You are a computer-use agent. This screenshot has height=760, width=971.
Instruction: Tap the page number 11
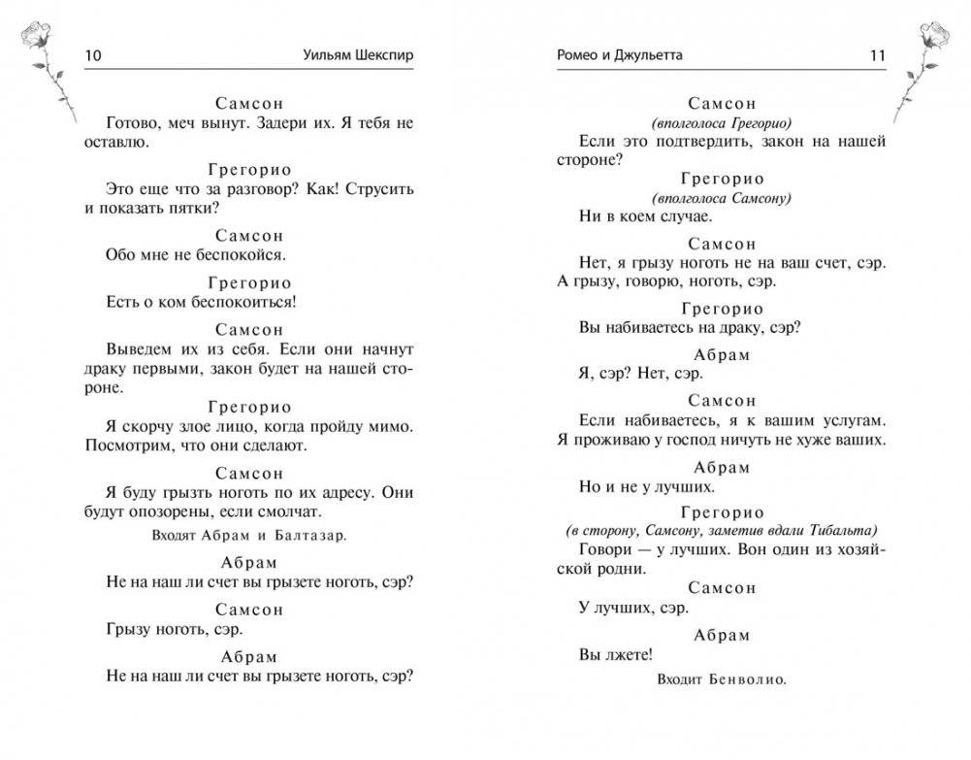pos(877,55)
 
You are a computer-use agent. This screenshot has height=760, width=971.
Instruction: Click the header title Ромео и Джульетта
pos(622,55)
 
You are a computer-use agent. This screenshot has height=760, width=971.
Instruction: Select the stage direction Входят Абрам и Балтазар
pos(249,534)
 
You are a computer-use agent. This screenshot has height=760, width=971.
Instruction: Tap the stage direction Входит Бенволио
pos(720,679)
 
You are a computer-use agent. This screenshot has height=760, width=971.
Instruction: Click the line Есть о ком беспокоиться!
pos(201,302)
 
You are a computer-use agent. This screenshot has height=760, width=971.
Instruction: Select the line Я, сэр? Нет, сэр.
pos(641,374)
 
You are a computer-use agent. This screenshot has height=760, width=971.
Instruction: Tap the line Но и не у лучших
pos(647,486)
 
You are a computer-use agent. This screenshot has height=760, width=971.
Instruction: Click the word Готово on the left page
pos(134,122)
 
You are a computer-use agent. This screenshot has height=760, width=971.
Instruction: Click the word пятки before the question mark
pos(195,208)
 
